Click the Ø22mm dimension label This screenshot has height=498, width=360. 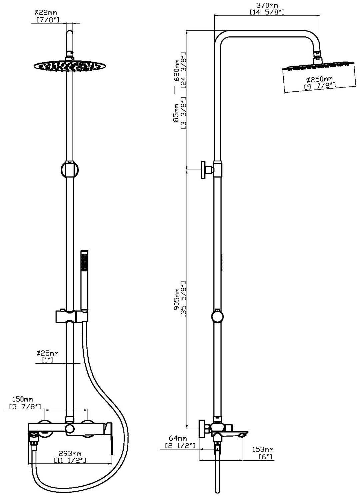click(x=47, y=13)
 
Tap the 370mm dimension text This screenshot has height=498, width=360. click(x=267, y=5)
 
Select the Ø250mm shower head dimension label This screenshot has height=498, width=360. click(x=319, y=79)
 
